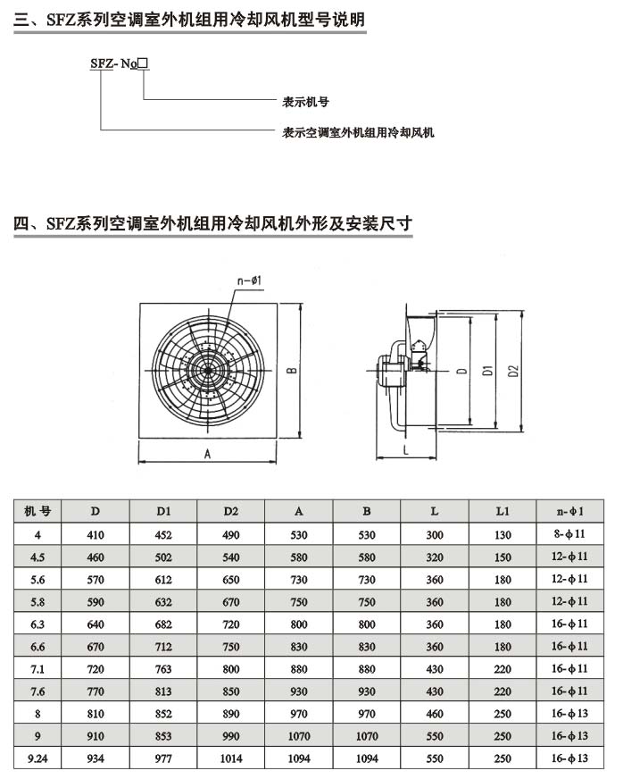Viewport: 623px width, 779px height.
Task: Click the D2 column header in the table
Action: [231, 512]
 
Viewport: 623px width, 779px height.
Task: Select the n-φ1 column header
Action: [569, 512]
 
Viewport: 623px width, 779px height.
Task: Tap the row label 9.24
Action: [37, 758]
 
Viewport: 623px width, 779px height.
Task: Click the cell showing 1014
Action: [231, 758]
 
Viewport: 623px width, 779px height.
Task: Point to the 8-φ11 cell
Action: [569, 534]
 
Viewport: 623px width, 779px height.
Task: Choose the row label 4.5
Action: [37, 557]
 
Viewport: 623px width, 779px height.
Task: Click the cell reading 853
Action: [163, 736]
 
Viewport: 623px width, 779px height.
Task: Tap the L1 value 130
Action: [503, 534]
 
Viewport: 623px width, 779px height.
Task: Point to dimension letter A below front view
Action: [207, 454]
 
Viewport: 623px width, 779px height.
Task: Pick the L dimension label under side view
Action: [405, 451]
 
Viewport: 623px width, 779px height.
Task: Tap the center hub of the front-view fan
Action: [207, 370]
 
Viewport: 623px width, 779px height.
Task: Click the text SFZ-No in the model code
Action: [111, 63]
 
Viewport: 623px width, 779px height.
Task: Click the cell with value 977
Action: [163, 758]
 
